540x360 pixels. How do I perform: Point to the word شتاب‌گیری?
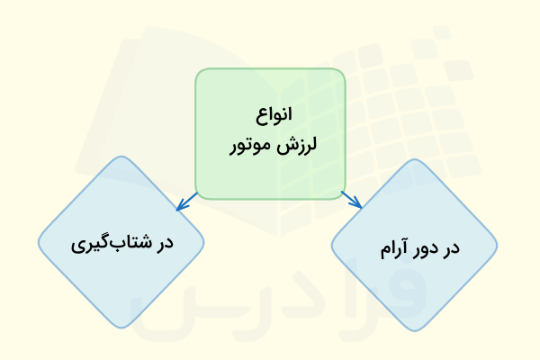(x=110, y=244)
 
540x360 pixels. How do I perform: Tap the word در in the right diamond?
(x=450, y=246)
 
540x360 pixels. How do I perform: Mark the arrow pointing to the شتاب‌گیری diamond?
(x=185, y=203)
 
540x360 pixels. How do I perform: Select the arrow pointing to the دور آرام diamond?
(x=352, y=200)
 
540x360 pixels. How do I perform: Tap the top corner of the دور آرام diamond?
(x=414, y=161)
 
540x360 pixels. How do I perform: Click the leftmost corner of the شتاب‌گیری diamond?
(x=39, y=243)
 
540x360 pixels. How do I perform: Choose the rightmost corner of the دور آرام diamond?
(x=497, y=246)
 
